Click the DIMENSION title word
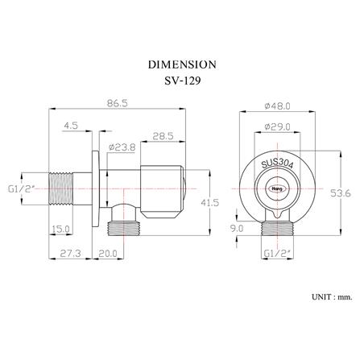182,64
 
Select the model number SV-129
183,81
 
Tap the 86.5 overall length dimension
117,103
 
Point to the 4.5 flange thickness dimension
71,126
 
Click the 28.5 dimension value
163,136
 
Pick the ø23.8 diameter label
122,147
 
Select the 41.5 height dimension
210,202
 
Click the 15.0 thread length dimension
60,229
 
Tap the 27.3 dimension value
70,253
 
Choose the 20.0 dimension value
108,253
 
